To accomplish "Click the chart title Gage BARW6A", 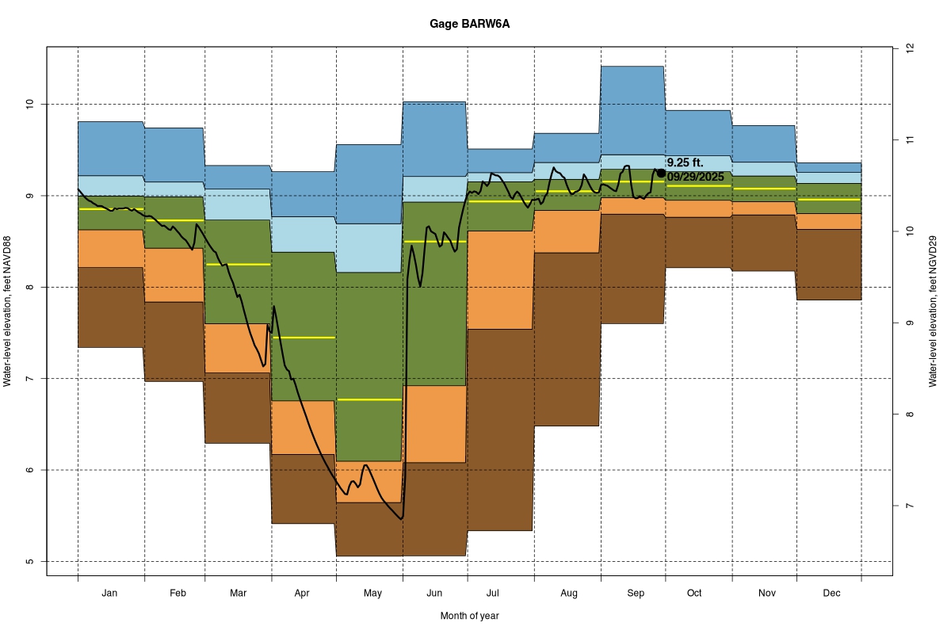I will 470,24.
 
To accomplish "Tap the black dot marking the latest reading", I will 661,173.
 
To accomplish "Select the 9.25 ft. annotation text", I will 685,162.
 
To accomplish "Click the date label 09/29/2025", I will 695,177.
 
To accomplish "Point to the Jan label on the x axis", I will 110,593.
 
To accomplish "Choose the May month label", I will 372,593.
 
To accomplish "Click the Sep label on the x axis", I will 636,593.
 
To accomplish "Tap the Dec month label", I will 831,593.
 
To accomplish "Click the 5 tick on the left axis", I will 30,562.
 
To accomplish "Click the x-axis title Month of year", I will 470,616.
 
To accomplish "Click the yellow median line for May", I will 369,399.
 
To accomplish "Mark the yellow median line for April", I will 304,338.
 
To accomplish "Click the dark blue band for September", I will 632,111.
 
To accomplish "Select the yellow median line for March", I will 238,264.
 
